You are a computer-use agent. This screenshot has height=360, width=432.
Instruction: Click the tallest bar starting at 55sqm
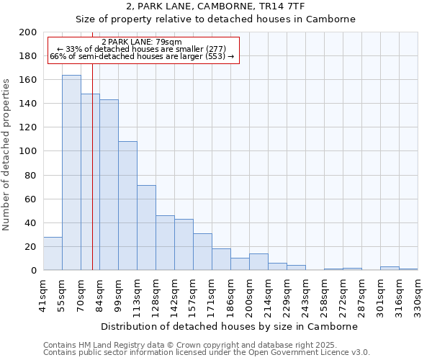71,173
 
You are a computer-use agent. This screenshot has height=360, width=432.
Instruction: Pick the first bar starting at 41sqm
53,253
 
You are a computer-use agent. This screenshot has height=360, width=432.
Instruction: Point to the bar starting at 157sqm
202,252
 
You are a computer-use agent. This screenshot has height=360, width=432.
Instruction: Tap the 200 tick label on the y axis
28,32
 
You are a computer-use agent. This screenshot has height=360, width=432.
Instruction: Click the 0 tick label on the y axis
34,271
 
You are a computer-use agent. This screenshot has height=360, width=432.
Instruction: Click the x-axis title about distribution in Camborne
229,326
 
